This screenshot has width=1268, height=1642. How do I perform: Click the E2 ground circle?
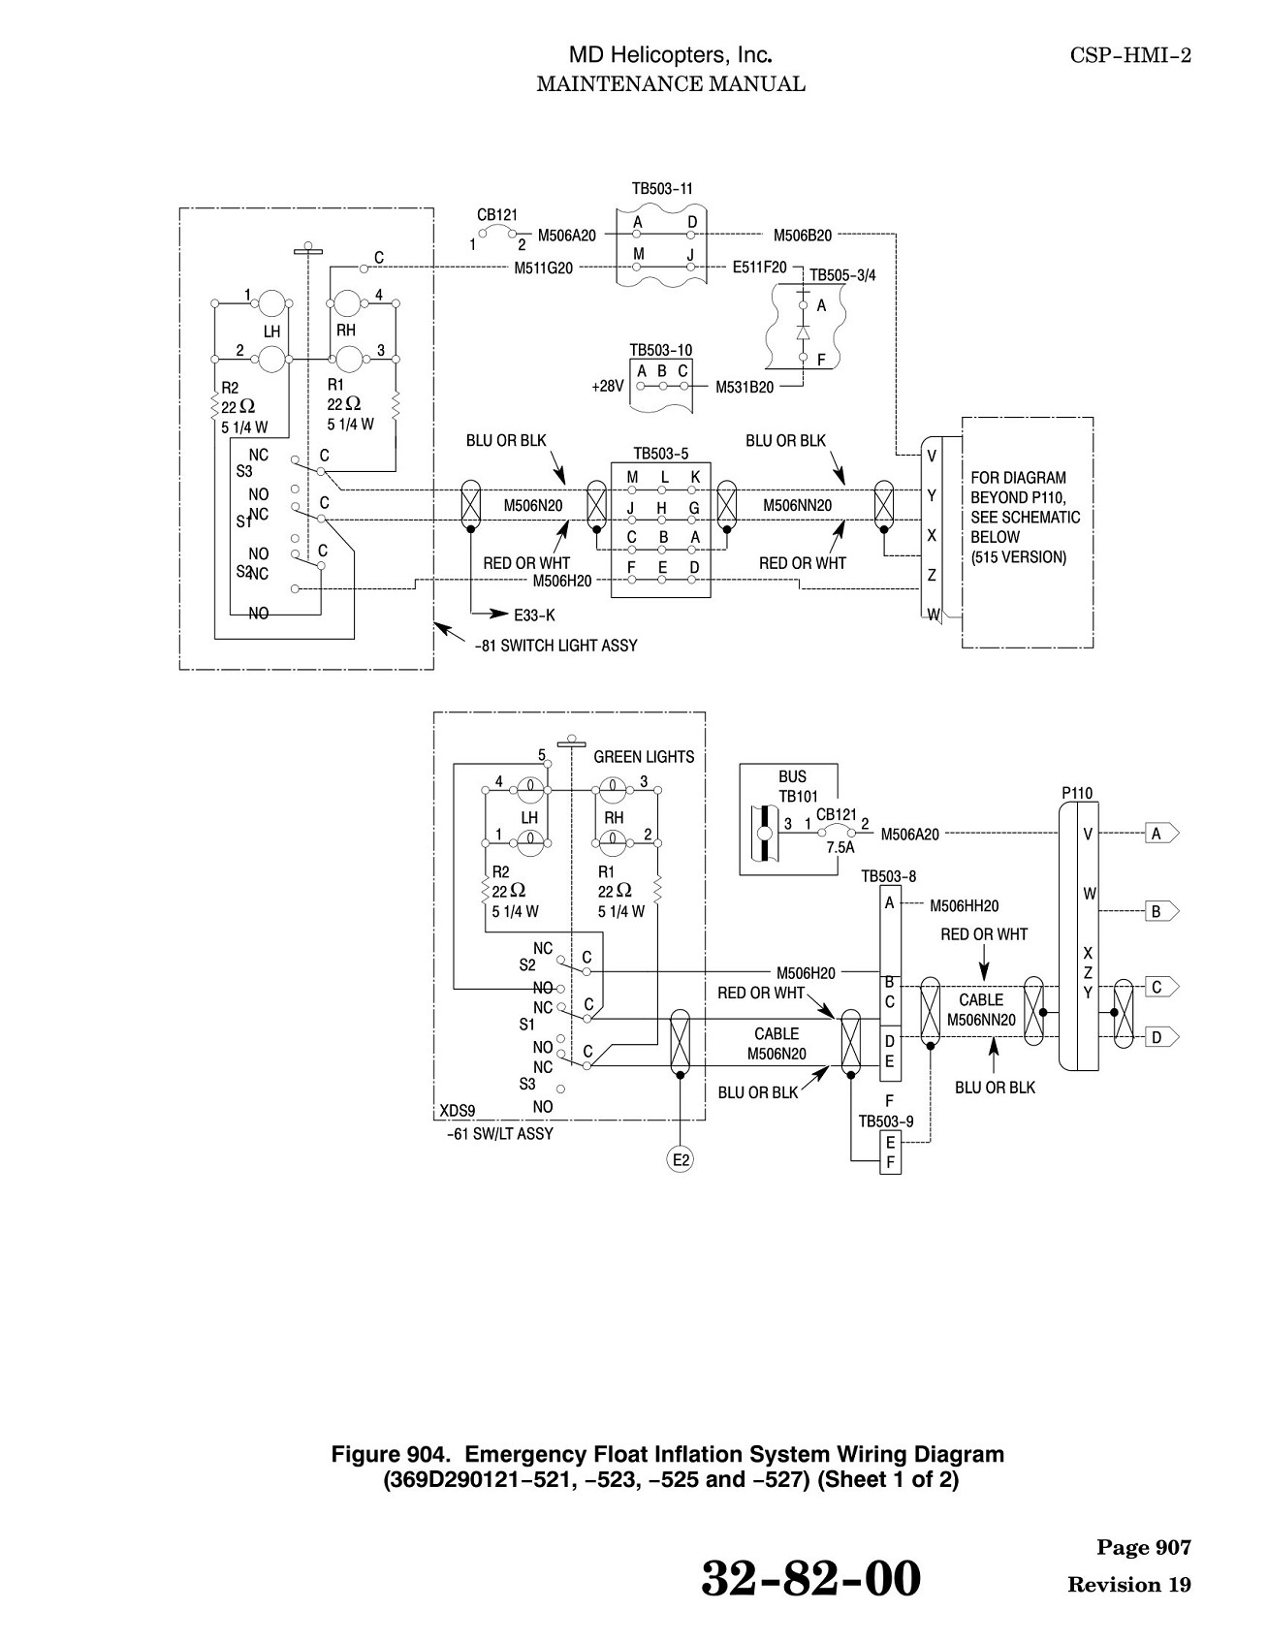682,1159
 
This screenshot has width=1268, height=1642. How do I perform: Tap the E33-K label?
534,615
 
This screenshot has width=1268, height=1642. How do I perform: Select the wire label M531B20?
745,388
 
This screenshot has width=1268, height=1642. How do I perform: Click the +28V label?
607,386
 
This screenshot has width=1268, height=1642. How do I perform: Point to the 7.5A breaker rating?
840,847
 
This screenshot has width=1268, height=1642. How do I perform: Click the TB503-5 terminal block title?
661,454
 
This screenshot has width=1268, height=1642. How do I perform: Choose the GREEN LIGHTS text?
644,757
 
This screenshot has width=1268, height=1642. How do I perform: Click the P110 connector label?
1077,793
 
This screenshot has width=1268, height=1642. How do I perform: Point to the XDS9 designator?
458,1111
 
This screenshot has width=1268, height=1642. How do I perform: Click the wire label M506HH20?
964,906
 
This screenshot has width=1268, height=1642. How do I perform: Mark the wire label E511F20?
760,267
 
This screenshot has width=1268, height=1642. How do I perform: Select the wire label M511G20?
543,268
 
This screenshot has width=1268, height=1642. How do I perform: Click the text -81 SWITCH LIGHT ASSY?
556,646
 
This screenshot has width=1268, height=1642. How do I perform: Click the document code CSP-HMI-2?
1130,55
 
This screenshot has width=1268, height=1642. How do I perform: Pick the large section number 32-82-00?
810,1579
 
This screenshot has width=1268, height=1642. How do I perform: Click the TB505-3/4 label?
842,275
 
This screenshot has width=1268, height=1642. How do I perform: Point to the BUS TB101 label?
792,786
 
